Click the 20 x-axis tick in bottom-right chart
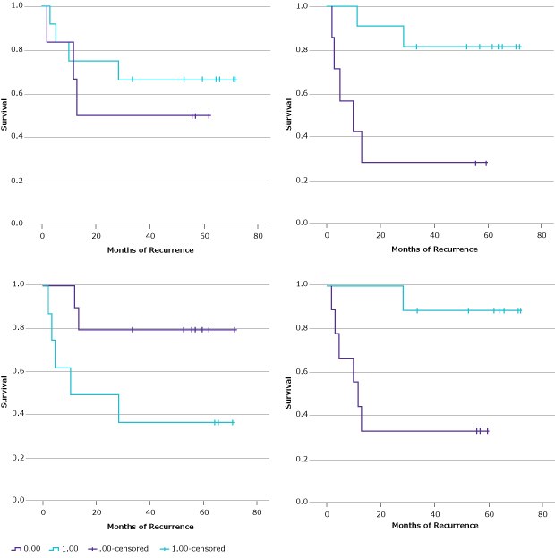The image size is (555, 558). pyautogui.click(x=380, y=516)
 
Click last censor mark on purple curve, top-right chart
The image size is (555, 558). pyautogui.click(x=486, y=163)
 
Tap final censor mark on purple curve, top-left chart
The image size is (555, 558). pyautogui.click(x=209, y=115)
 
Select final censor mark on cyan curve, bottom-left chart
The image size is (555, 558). pyautogui.click(x=233, y=422)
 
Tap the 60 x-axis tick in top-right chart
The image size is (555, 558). pyautogui.click(x=488, y=237)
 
